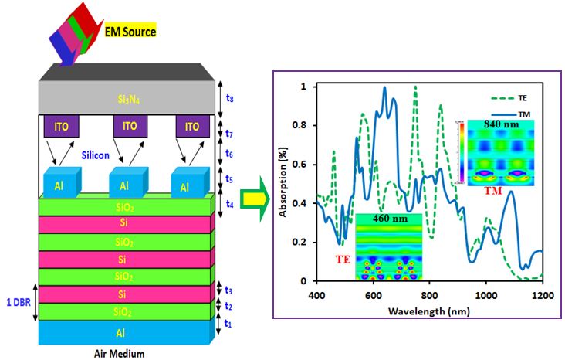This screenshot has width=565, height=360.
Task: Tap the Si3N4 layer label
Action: pyautogui.click(x=123, y=100)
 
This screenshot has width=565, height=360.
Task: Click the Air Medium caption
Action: pyautogui.click(x=123, y=352)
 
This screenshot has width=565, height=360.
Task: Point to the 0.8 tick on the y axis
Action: pyautogui.click(x=304, y=125)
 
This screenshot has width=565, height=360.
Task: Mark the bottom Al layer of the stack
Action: pyautogui.click(x=123, y=332)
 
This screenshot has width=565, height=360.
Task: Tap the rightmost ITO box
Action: pyautogui.click(x=187, y=126)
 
